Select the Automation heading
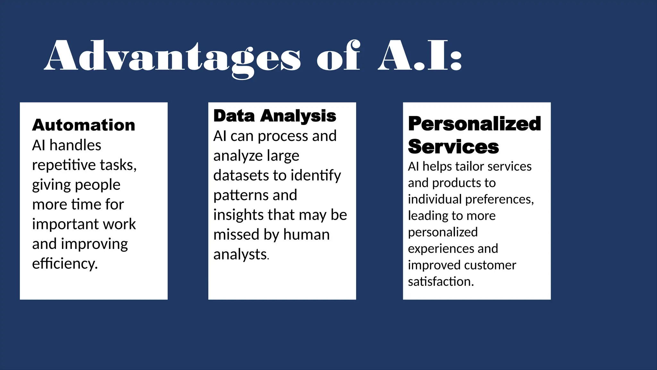(x=84, y=125)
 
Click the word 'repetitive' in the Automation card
(x=64, y=165)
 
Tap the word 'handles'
(x=75, y=145)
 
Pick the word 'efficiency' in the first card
(x=64, y=264)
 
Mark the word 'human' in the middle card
(x=306, y=235)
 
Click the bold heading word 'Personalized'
(x=474, y=124)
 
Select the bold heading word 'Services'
(x=453, y=147)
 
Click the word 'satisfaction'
(x=440, y=282)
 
